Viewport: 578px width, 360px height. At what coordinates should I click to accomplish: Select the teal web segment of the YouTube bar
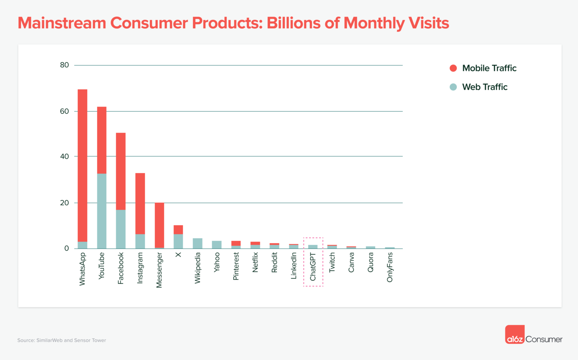(x=102, y=211)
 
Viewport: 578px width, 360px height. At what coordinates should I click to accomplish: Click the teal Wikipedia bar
(x=197, y=243)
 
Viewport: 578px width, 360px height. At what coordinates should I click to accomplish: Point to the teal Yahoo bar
(x=217, y=245)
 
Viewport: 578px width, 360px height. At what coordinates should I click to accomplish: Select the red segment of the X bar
(x=178, y=229)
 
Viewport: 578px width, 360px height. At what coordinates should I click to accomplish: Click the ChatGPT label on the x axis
(x=313, y=267)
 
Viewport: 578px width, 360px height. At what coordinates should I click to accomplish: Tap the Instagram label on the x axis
(x=140, y=268)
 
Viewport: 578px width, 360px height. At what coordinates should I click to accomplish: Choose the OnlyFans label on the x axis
(x=390, y=267)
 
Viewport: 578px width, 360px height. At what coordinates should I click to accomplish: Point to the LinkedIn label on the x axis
(x=294, y=266)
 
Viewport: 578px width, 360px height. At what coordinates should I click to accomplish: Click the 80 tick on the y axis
(x=65, y=65)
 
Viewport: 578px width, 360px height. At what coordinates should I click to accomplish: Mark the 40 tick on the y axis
(x=65, y=156)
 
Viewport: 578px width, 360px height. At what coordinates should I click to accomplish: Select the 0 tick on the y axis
(x=67, y=248)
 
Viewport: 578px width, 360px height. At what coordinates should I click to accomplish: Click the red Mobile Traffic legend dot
(x=453, y=68)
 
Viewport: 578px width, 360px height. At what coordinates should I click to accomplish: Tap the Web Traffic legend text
(x=485, y=87)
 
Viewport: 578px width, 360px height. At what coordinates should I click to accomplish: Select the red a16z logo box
(x=515, y=334)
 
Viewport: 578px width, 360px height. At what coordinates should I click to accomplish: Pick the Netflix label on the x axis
(x=255, y=262)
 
